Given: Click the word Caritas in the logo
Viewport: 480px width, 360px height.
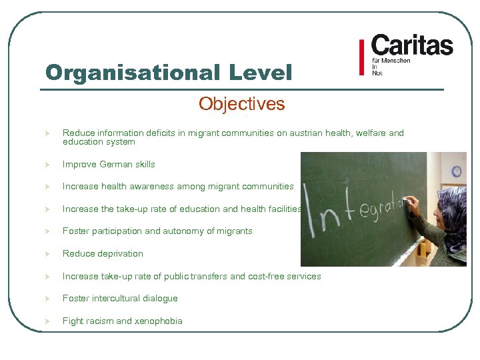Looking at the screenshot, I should pyautogui.click(x=412, y=45).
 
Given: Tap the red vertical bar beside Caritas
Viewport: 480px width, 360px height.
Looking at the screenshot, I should pyautogui.click(x=361, y=58).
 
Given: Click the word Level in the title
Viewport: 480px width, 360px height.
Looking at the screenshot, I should pyautogui.click(x=261, y=73).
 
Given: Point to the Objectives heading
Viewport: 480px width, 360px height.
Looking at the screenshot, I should pyautogui.click(x=241, y=104).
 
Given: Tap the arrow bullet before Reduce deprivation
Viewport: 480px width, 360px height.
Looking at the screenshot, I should pyautogui.click(x=48, y=253).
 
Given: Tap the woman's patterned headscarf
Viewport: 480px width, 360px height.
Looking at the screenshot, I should pyautogui.click(x=453, y=213).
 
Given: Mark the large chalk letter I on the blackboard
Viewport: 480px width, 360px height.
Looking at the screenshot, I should pyautogui.click(x=312, y=213).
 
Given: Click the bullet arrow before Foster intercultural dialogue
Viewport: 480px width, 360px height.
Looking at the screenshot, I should pyautogui.click(x=48, y=298).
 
